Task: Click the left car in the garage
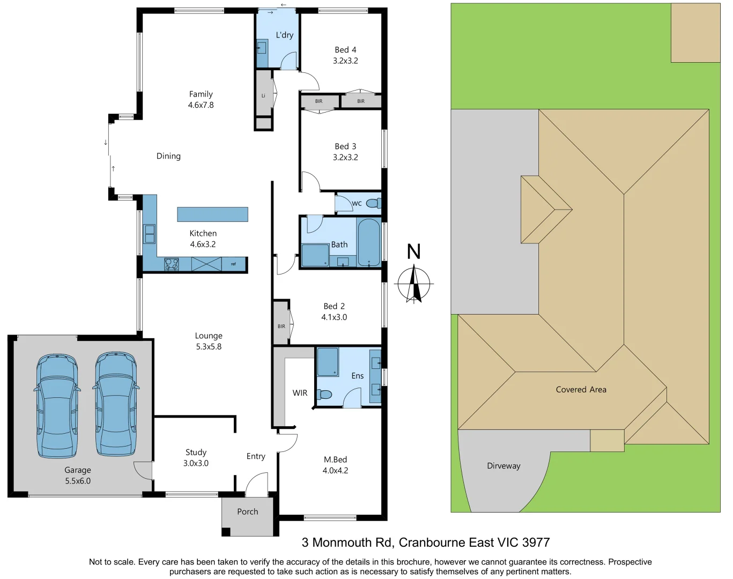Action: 57,405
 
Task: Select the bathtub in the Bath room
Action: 368,242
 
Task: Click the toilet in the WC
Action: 374,203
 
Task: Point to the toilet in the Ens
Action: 324,395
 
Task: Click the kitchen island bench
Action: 212,214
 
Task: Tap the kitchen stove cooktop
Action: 172,264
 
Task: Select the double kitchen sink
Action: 150,234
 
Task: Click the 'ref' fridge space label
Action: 233,264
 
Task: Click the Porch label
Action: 248,511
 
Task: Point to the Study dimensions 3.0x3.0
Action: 196,463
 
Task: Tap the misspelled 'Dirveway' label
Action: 504,466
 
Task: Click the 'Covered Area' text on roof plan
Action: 581,390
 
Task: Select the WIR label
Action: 300,393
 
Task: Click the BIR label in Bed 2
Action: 282,326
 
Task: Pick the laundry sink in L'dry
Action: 262,48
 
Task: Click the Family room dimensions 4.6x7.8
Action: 201,105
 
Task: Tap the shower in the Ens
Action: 327,362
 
